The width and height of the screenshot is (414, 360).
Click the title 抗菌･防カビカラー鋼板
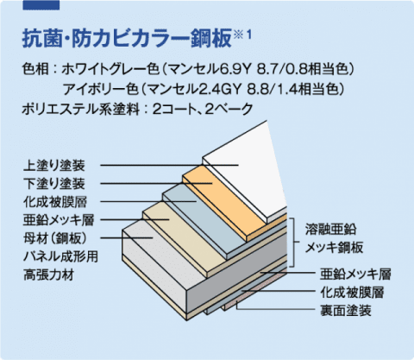click(127, 38)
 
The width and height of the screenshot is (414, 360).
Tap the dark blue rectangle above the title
click(41, 5)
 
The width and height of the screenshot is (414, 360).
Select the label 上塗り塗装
click(54, 166)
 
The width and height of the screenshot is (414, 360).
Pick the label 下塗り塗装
click(54, 184)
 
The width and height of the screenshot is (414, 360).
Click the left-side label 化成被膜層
click(55, 202)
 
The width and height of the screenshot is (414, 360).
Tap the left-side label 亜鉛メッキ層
click(59, 220)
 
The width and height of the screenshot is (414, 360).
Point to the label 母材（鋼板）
click(55, 238)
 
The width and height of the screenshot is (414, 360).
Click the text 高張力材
click(48, 275)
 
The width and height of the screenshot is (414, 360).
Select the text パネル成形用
click(60, 256)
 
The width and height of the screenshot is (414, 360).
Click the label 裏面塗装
click(346, 311)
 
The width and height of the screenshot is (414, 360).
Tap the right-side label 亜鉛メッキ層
click(355, 275)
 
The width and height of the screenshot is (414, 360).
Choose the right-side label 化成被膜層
click(353, 293)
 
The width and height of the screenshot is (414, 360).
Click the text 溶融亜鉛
click(330, 230)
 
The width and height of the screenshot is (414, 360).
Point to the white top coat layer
click(244, 170)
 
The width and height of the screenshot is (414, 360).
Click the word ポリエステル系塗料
click(81, 110)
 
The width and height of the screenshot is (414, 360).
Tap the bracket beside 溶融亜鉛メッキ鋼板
click(294, 243)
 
